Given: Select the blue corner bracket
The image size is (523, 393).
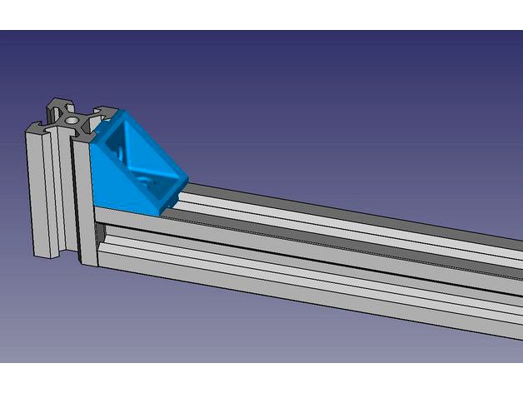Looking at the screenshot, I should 133,162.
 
